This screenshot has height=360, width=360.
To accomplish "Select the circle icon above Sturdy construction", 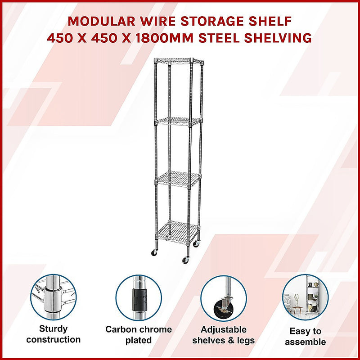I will click(53, 297).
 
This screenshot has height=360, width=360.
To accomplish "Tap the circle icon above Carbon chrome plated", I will click(138, 297).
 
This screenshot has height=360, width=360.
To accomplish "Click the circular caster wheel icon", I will click(223, 297).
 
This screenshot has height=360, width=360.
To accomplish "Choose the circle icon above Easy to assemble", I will click(306, 297).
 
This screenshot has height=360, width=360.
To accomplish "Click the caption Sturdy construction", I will click(53, 334).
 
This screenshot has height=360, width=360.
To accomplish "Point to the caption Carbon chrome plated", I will click(139, 335).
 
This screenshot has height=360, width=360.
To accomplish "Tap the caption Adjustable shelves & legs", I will click(224, 335).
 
